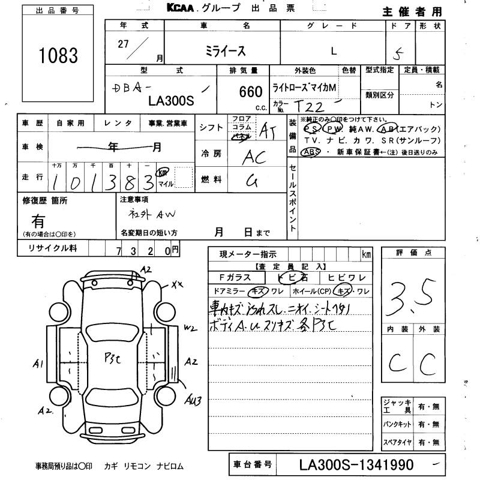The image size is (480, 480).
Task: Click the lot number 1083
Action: point(59,56)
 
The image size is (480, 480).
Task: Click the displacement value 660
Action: point(251,92)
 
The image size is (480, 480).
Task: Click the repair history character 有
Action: point(38,221)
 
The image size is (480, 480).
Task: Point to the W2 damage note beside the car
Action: point(190,328)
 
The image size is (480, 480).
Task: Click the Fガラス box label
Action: point(235,277)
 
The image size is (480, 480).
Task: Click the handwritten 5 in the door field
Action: point(413,52)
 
